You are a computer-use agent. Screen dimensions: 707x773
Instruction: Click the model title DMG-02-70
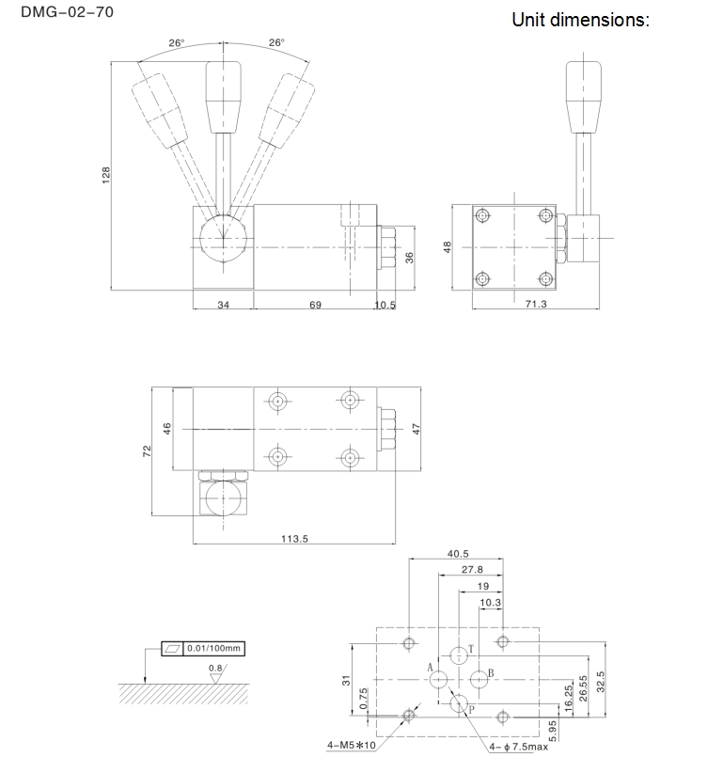click(x=67, y=12)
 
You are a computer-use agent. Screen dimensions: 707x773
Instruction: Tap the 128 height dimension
click(x=106, y=176)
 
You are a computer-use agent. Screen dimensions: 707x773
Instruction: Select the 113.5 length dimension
click(x=294, y=539)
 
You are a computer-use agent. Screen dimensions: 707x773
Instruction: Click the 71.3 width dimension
click(x=536, y=304)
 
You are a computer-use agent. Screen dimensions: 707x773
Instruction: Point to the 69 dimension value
click(x=316, y=306)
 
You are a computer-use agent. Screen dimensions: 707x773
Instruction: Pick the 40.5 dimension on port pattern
click(x=458, y=554)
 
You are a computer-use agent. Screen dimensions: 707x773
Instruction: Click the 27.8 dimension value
click(x=472, y=570)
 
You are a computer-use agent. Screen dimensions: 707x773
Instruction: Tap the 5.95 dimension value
click(x=553, y=731)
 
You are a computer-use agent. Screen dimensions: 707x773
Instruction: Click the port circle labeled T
click(x=459, y=655)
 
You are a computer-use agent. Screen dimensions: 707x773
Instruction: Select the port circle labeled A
click(x=438, y=680)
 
